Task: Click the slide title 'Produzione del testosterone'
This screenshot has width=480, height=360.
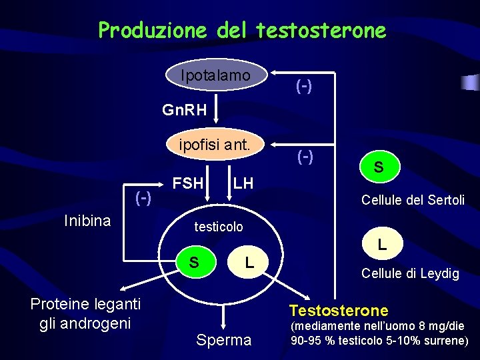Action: pos(241,31)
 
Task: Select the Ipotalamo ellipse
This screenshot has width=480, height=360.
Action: pos(216,76)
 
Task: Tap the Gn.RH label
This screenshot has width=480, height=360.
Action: pos(185,109)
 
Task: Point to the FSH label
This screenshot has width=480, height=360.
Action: pos(188,183)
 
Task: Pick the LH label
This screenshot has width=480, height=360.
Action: pos(244,183)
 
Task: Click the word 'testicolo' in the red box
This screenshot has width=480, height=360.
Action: pos(219,227)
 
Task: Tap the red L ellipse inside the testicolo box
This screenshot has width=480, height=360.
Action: pos(249,262)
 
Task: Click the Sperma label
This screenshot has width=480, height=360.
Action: pos(224,340)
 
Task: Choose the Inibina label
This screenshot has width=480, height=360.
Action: pos(87,221)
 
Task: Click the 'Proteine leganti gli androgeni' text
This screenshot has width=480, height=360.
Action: pos(85,313)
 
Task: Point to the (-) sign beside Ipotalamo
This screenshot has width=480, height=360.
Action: pos(305,86)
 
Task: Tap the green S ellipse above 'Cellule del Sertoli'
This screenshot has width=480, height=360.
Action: pos(378,167)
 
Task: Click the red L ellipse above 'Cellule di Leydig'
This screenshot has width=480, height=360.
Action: pos(382,245)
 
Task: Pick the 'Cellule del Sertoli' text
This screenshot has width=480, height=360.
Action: pos(413,199)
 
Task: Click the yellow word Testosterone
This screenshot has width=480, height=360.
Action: pos(338,310)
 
